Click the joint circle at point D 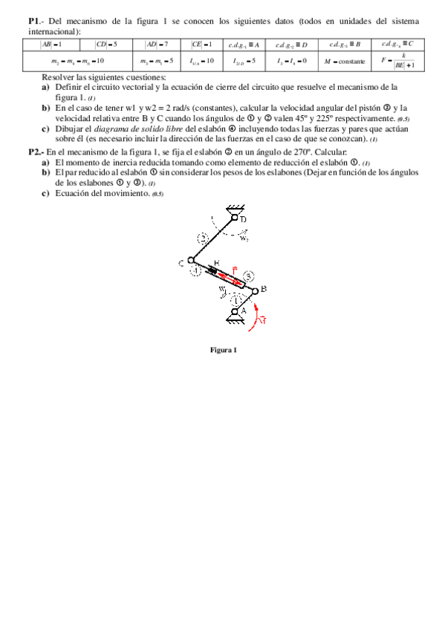(x=235, y=218)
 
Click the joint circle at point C (x=190, y=261)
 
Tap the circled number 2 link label (x=203, y=238)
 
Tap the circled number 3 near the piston (x=248, y=276)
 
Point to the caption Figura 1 (x=223, y=350)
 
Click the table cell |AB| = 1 (x=51, y=45)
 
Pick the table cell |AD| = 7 (x=157, y=45)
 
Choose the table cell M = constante (x=344, y=60)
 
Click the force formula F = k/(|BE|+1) (x=396, y=60)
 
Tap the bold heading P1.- (x=34, y=21)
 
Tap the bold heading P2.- (x=36, y=152)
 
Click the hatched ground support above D (x=236, y=208)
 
